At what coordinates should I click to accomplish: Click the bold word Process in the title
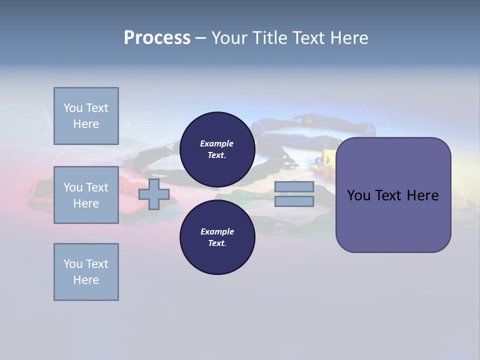click(157, 38)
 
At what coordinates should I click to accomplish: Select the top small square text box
click(86, 116)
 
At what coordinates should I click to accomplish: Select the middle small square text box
click(86, 195)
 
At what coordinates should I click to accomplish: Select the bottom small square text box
click(86, 272)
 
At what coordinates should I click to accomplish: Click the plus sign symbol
click(154, 194)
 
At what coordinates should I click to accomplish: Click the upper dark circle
click(217, 149)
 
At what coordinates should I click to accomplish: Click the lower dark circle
click(217, 237)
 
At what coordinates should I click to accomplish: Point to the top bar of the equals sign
click(294, 187)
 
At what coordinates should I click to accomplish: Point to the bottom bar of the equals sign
click(294, 201)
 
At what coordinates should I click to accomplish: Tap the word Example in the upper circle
click(216, 143)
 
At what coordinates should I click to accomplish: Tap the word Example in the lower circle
click(217, 231)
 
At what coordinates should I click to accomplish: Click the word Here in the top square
click(86, 124)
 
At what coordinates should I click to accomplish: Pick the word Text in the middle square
click(96, 187)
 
